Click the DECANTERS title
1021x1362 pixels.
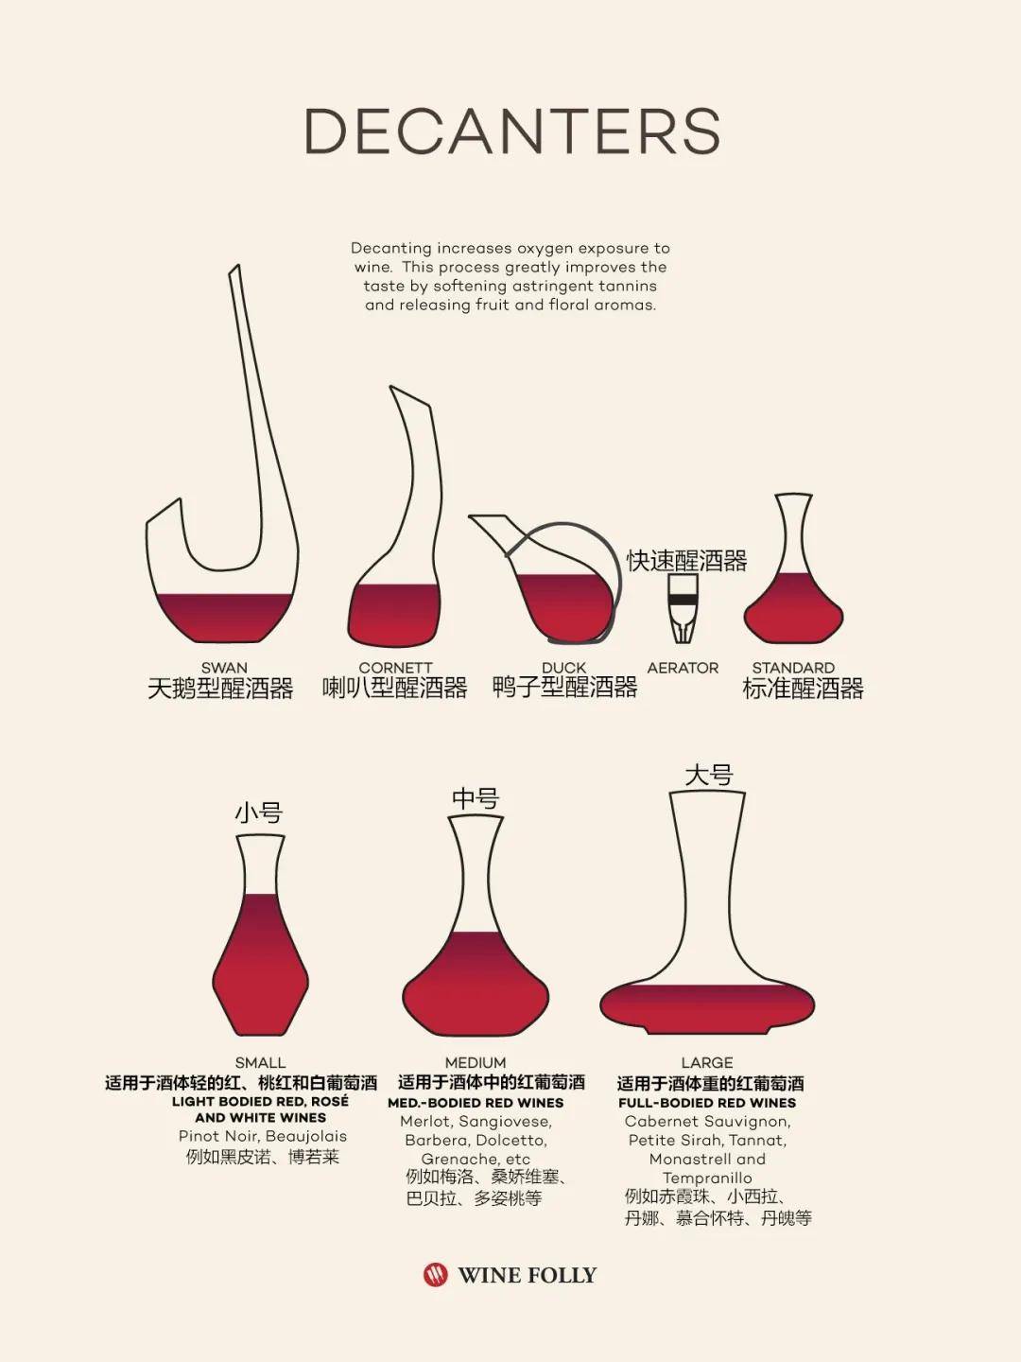(512, 131)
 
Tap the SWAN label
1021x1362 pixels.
(224, 668)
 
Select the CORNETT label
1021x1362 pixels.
(395, 668)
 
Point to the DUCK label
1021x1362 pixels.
(563, 668)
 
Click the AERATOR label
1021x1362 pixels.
(683, 668)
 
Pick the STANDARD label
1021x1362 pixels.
(793, 668)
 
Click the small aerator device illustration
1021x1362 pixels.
(683, 608)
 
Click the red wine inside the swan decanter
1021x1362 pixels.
(224, 618)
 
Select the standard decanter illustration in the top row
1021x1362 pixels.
(793, 567)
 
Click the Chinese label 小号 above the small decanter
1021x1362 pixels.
(258, 812)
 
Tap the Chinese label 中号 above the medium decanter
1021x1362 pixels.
(476, 798)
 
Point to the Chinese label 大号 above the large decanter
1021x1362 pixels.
(709, 776)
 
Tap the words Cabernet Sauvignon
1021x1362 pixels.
(707, 1122)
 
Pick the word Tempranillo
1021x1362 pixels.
(707, 1179)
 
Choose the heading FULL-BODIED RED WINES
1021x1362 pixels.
(707, 1103)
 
